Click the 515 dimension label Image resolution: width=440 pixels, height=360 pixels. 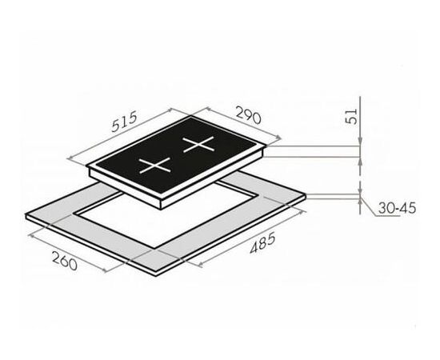pos(124,122)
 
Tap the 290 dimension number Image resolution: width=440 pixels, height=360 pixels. pos(249,114)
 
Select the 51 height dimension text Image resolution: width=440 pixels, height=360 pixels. pos(351,116)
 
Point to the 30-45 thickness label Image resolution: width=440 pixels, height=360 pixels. pos(397,208)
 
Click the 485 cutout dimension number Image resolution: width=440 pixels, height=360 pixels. pos(263,244)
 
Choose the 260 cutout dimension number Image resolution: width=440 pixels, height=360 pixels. pos(65,262)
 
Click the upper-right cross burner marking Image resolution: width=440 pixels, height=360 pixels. pos(198,144)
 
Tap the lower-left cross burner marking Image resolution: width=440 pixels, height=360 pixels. pos(155,166)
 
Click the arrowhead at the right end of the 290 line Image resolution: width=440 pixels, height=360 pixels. pos(278,138)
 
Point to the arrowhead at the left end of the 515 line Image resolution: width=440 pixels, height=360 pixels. pos(70,159)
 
